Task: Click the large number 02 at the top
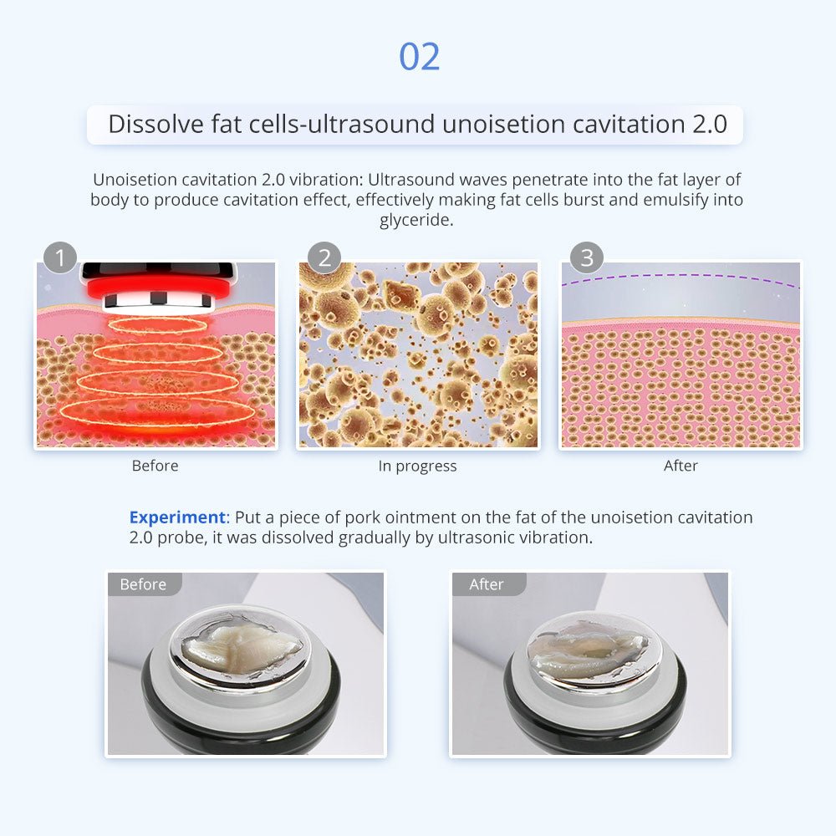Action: coord(420,57)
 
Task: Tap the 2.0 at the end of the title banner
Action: coord(710,125)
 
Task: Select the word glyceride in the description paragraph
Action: coord(416,220)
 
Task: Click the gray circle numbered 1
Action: coord(59,257)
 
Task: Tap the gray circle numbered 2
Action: coord(324,257)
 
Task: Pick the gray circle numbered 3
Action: coord(587,257)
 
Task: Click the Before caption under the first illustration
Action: coord(155,466)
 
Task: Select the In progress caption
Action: coord(417,466)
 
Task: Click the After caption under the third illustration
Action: coord(681,466)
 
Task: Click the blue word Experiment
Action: coord(178,517)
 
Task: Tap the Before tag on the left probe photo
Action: coord(144,584)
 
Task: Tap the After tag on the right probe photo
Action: coord(487,584)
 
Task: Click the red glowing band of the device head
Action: coord(158,288)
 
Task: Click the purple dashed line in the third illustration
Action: coord(681,278)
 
